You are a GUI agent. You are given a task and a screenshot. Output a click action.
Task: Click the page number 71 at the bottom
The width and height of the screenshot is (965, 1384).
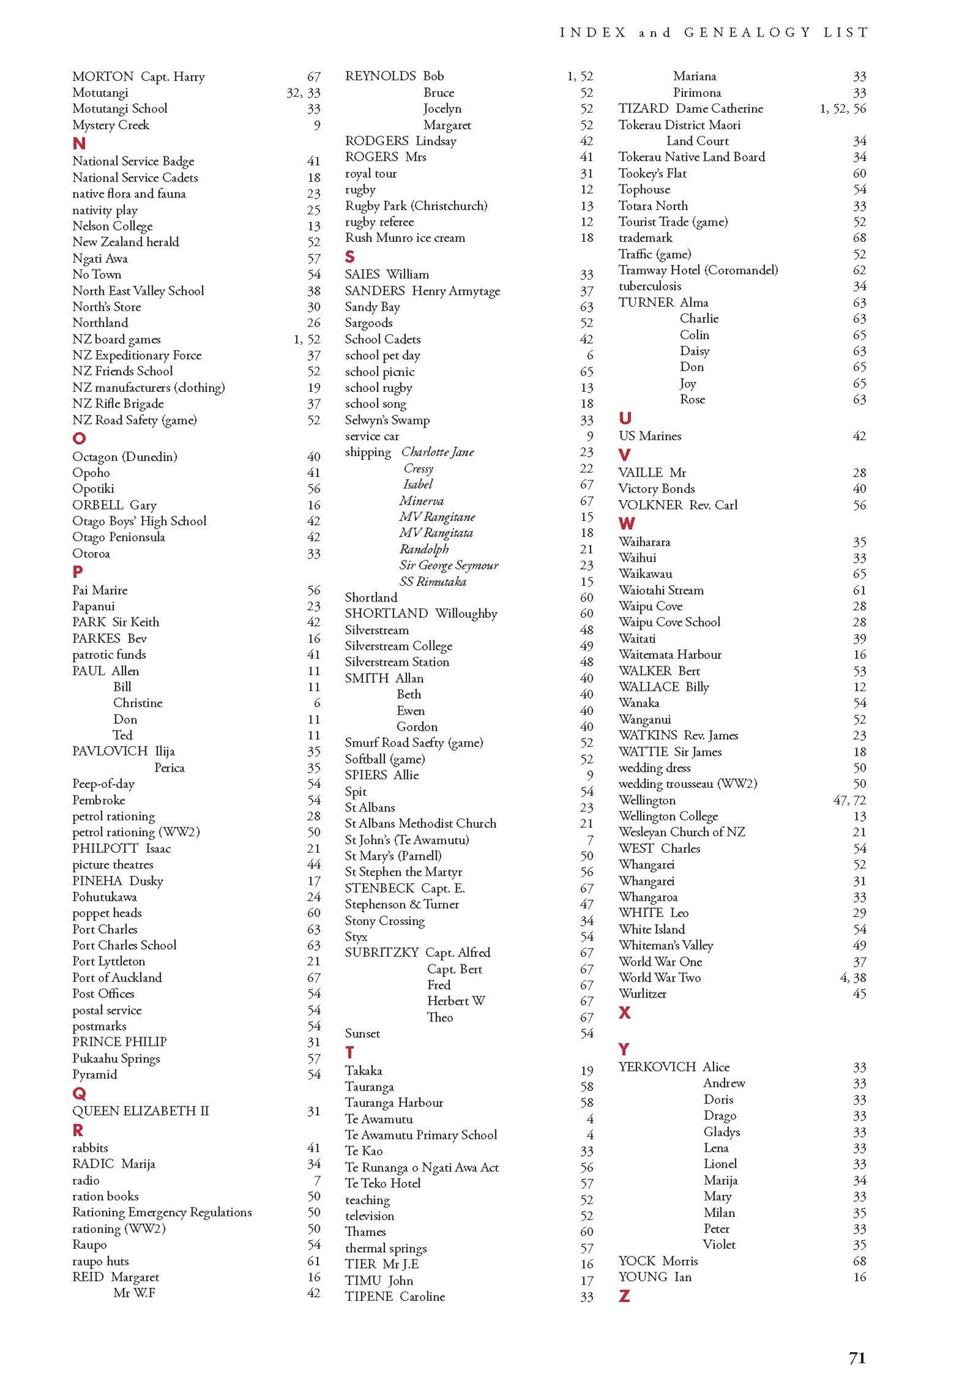[857, 1358]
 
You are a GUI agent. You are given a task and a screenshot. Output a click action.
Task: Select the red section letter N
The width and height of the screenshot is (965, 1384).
[79, 143]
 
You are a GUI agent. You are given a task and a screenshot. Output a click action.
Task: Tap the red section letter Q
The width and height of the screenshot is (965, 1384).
[79, 1093]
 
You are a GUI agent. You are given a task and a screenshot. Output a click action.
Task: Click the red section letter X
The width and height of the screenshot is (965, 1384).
[624, 1012]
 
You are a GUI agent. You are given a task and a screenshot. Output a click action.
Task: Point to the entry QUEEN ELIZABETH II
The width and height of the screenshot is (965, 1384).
[141, 1110]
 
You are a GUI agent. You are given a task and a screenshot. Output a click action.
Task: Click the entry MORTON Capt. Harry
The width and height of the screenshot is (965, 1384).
[139, 76]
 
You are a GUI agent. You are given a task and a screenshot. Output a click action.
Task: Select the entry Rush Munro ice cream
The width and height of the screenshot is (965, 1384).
[405, 238]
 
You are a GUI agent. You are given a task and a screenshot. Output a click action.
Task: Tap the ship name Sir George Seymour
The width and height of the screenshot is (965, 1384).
[449, 565]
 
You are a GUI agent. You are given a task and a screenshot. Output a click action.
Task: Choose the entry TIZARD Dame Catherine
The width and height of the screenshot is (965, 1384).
[691, 108]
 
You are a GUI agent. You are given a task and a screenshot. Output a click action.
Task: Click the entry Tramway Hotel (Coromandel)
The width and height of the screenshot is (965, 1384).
[698, 270]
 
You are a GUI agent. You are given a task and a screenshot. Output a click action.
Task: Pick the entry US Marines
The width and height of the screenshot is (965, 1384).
[649, 436]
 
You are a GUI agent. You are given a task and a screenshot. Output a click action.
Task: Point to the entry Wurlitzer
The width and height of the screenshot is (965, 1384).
[642, 993]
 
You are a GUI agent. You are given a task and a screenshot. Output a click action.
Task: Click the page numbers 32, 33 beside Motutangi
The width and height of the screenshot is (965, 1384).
[303, 93]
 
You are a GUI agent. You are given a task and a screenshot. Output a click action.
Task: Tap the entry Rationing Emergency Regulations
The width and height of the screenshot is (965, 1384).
[162, 1212]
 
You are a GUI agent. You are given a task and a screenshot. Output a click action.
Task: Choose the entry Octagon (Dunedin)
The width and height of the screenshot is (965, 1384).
[125, 457]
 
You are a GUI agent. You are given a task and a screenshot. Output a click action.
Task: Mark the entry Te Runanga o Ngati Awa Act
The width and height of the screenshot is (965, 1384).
[422, 1167]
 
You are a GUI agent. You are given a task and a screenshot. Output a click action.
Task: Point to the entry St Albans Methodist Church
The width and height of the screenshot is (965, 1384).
[420, 823]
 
